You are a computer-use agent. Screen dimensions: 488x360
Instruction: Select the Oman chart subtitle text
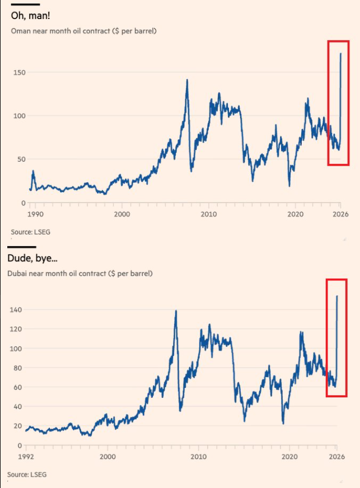83,31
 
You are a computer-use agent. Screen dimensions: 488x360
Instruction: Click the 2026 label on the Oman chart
340,214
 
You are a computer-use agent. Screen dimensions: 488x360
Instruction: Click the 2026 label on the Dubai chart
335,456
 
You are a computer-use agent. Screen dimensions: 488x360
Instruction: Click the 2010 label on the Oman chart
209,214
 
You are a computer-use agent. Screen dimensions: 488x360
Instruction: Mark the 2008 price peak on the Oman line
187,80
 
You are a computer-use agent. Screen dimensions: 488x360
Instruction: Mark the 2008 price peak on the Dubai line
176,311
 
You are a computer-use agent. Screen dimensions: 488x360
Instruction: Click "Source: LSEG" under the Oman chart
26,231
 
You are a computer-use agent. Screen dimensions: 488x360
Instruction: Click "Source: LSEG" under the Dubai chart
26,475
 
